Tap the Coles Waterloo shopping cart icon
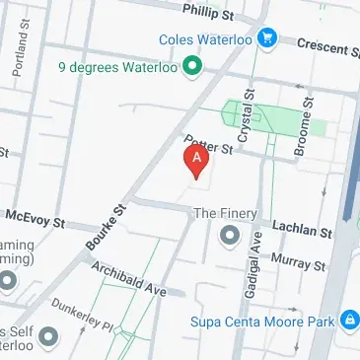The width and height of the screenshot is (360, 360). click(266, 39)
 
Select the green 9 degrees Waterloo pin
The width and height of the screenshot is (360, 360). click(193, 68)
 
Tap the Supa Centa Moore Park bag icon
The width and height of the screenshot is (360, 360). click(347, 321)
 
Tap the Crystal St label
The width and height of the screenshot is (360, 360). click(246, 123)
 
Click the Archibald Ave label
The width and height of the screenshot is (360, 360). click(128, 279)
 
